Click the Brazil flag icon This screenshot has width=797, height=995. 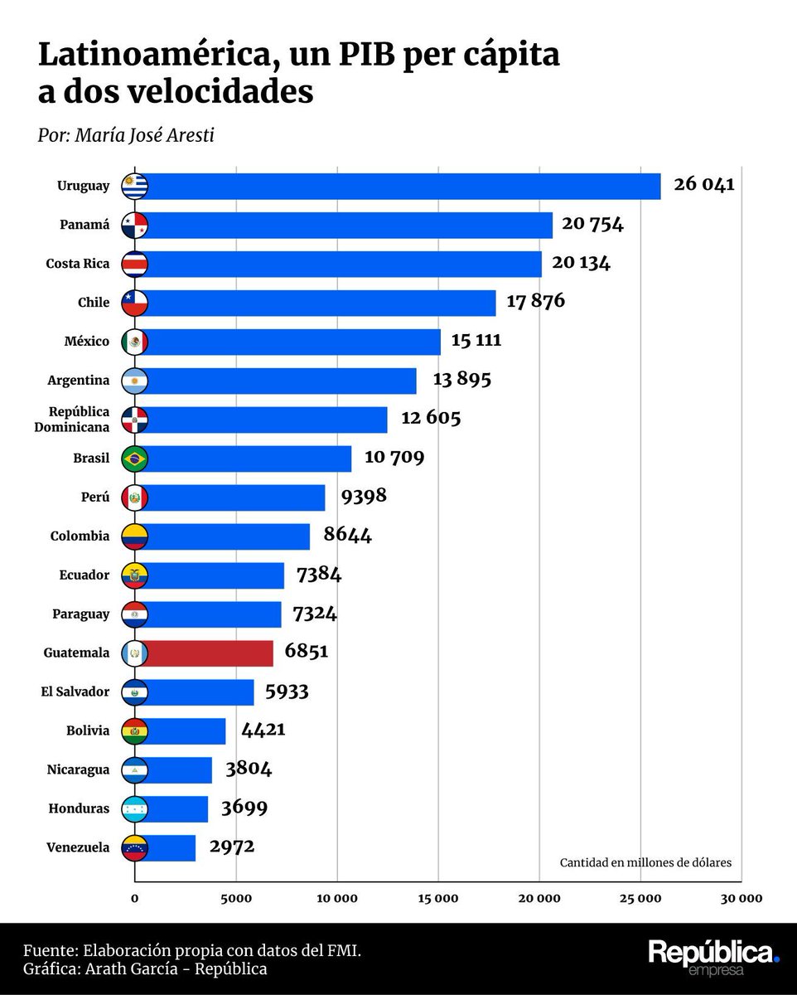[134, 459]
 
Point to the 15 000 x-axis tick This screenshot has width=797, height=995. [437, 898]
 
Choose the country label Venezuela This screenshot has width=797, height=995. [78, 847]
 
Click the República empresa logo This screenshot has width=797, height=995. [713, 957]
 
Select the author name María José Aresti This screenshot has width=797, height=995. [144, 135]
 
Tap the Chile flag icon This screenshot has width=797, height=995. [134, 303]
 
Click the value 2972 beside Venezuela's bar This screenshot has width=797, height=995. [231, 847]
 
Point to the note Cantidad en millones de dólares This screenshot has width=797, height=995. [645, 862]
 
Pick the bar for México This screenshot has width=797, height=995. [290, 342]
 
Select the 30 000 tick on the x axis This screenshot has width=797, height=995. [739, 898]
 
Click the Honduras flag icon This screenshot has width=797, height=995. [134, 809]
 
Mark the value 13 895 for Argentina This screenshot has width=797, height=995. [461, 380]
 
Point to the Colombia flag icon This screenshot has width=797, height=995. [134, 536]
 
